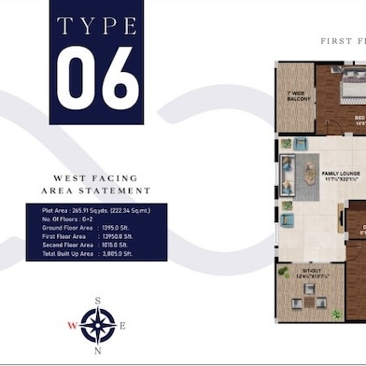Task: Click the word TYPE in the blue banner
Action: [97, 25]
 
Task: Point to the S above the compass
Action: [97, 301]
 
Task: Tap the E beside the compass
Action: [122, 326]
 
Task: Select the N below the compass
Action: [97, 353]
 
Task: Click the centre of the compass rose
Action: [97, 326]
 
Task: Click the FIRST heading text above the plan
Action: [337, 41]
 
